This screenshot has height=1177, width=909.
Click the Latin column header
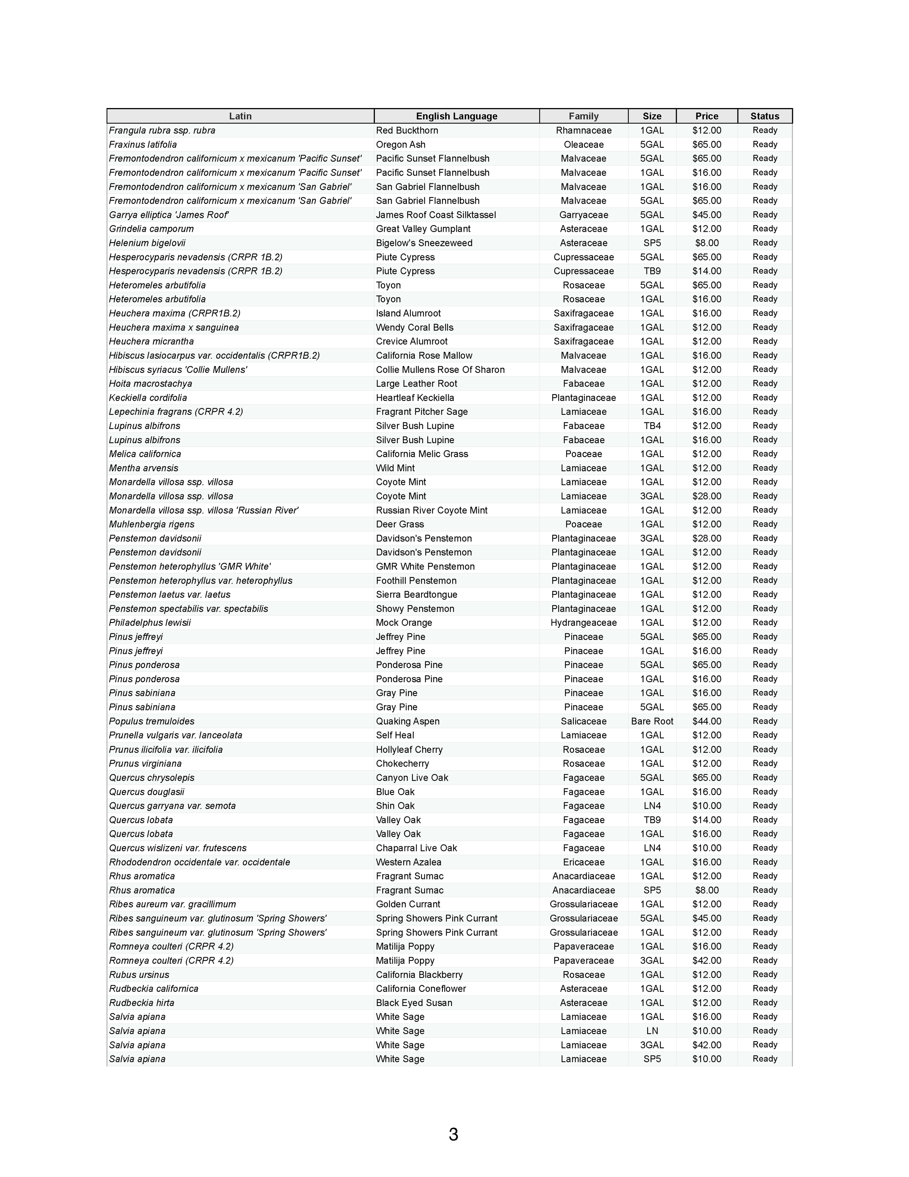click(240, 116)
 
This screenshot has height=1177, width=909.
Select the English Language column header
click(457, 116)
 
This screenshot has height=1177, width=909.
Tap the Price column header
click(706, 116)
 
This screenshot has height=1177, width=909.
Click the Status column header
click(765, 116)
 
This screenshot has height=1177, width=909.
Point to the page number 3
click(453, 1134)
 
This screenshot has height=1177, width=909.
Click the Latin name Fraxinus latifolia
click(143, 144)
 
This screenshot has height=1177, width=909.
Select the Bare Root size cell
click(652, 721)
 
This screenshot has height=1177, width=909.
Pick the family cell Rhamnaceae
click(584, 130)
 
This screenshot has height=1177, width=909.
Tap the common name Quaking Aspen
click(408, 721)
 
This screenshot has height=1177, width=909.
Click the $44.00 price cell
click(706, 721)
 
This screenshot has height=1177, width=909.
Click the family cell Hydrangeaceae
click(584, 623)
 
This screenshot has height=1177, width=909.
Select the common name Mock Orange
click(404, 623)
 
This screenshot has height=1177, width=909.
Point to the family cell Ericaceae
click(584, 862)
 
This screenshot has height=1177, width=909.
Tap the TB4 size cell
click(652, 426)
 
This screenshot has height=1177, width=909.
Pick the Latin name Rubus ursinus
click(139, 974)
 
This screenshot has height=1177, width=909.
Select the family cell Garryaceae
click(584, 215)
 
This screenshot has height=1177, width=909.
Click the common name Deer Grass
click(400, 524)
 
